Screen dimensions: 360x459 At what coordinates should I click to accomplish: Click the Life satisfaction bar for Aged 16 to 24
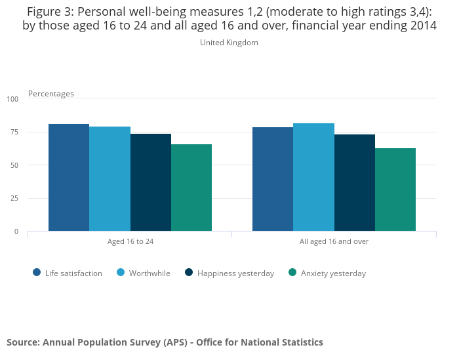tap(69, 177)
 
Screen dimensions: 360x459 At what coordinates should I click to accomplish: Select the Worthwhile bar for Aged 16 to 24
tap(110, 178)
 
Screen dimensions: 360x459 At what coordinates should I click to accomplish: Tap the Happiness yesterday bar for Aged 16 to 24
tap(151, 182)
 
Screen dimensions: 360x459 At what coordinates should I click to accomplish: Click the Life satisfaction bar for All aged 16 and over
tap(273, 179)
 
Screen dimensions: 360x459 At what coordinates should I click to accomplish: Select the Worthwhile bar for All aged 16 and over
tap(313, 177)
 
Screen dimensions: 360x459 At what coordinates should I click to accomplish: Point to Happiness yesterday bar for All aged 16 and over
tap(355, 182)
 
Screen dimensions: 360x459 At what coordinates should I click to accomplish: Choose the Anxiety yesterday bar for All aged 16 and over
tap(395, 190)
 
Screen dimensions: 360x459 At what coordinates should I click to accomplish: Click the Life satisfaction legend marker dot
tap(37, 273)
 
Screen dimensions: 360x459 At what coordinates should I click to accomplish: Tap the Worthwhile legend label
tap(150, 273)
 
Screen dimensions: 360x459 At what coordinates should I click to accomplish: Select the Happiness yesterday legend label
tap(235, 273)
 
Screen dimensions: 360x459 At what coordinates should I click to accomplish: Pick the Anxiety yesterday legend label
tap(333, 273)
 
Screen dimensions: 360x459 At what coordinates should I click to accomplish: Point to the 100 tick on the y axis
tap(13, 99)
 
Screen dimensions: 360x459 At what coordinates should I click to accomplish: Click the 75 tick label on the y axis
tap(14, 132)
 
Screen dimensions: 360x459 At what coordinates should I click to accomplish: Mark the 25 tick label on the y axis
tap(14, 198)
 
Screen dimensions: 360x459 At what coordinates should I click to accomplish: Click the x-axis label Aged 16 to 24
tap(130, 241)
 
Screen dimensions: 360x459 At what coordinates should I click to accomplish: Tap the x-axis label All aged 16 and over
tap(334, 241)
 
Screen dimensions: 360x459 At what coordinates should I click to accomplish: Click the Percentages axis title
tap(51, 94)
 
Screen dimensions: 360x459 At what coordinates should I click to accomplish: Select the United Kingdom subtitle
tap(229, 43)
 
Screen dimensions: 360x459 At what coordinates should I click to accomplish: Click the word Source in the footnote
tap(22, 342)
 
